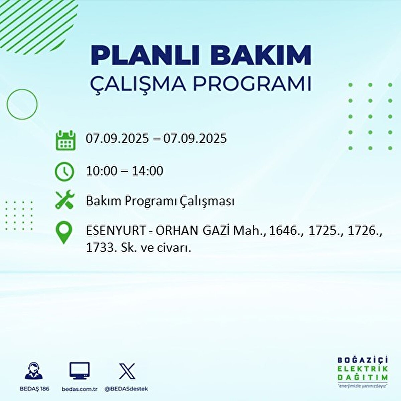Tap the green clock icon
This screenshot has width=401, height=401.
[x=64, y=171]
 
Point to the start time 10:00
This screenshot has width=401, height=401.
[x=102, y=171]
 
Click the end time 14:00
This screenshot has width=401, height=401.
[x=147, y=171]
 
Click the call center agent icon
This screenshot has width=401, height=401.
[x=34, y=371]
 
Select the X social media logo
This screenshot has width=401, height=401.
[x=127, y=371]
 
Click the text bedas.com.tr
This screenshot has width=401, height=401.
[x=80, y=389]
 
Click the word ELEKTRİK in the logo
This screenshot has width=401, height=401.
[x=363, y=369]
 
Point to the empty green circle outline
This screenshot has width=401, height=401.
[x=22, y=104]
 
